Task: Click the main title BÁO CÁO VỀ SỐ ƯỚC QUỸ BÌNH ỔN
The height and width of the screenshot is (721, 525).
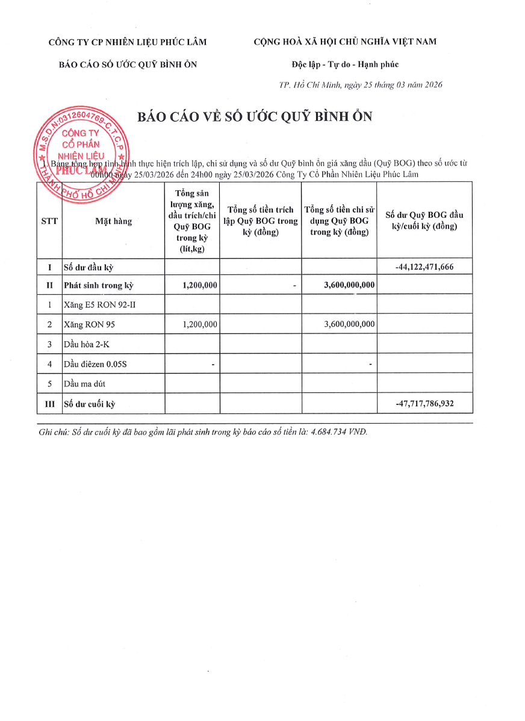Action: tap(255, 117)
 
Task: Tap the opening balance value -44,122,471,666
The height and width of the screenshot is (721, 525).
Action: tap(425, 267)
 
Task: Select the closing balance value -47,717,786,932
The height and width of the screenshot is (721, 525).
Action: tap(425, 403)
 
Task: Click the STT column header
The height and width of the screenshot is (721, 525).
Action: tap(49, 221)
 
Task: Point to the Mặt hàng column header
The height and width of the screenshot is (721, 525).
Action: tap(113, 221)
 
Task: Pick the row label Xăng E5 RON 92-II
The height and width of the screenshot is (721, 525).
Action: tap(100, 305)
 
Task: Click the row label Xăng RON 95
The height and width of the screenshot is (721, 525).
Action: tap(89, 324)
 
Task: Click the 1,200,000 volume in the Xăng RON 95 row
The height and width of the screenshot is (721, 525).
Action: tap(199, 324)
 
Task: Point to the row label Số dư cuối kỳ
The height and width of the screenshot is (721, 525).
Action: tap(90, 404)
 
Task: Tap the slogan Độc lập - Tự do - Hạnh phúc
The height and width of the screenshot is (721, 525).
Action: tap(344, 64)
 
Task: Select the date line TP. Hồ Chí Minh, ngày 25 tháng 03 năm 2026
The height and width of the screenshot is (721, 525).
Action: tap(361, 85)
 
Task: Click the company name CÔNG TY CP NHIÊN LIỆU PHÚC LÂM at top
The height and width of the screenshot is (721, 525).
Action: tap(128, 42)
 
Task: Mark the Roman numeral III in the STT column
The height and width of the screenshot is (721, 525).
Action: tap(49, 404)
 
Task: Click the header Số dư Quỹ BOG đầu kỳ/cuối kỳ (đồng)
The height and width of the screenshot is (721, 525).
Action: tap(424, 221)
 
